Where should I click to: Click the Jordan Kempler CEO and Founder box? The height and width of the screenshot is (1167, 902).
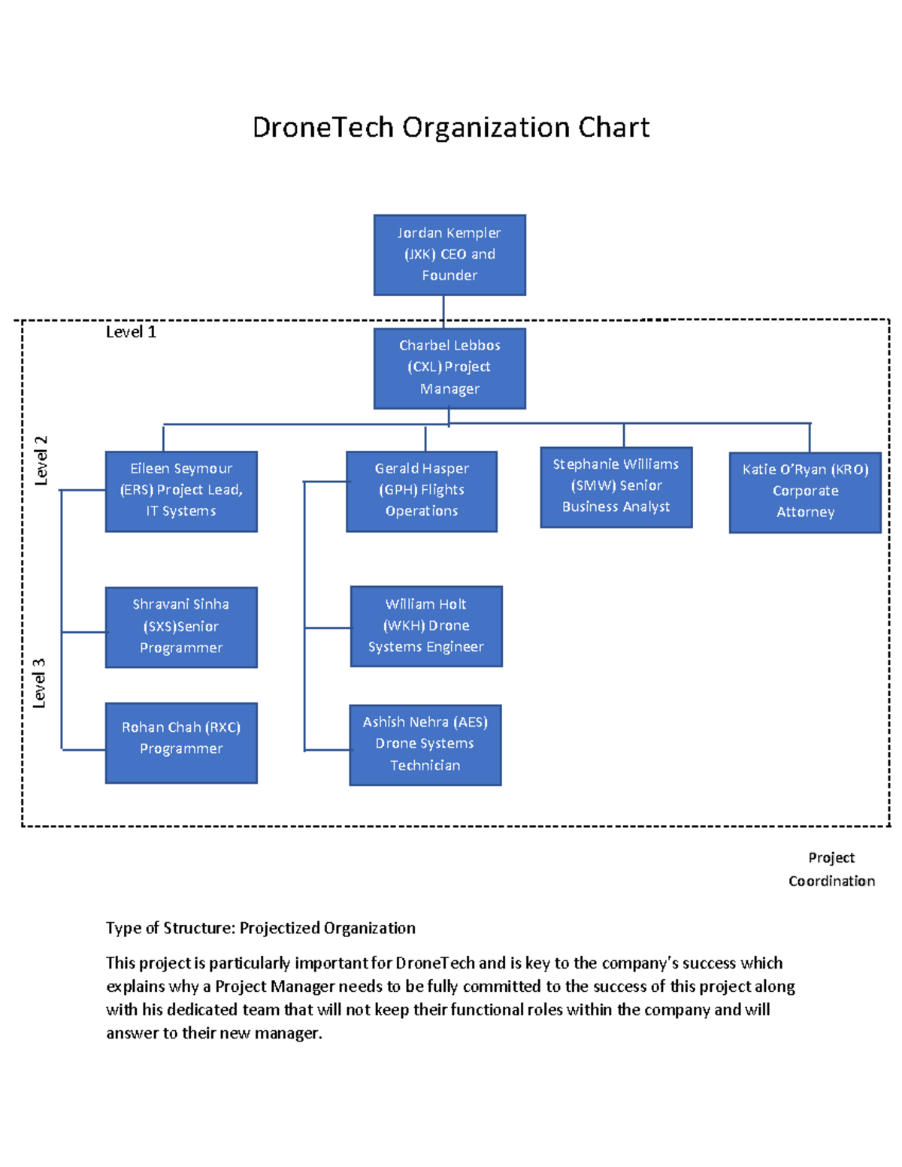(449, 255)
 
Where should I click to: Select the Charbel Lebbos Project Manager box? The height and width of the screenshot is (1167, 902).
(449, 368)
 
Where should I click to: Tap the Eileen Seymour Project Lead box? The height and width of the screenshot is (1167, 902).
(181, 491)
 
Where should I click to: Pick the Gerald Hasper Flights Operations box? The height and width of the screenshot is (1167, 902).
(422, 491)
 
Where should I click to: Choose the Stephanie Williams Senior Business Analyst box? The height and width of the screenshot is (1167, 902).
(616, 487)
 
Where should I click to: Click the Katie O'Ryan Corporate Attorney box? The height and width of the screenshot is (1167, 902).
(805, 492)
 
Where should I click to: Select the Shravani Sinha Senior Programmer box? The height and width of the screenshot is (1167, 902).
(181, 627)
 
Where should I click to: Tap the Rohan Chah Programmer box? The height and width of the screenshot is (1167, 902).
(181, 742)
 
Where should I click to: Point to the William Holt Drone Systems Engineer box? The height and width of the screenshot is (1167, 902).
(426, 626)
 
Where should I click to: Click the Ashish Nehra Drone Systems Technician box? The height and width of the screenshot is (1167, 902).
(425, 745)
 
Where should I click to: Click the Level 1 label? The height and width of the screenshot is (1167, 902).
(131, 332)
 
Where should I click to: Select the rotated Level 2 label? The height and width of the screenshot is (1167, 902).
(41, 460)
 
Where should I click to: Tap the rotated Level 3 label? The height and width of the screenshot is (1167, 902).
(39, 683)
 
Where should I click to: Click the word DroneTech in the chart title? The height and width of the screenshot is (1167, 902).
(322, 128)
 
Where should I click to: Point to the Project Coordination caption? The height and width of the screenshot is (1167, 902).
(831, 869)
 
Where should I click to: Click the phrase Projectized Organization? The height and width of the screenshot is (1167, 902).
(327, 928)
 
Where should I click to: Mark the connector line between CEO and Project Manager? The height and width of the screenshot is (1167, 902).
(443, 311)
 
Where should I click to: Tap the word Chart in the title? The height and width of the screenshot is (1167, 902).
(613, 128)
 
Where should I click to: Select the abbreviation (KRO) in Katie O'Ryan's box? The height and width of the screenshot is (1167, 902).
(849, 470)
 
